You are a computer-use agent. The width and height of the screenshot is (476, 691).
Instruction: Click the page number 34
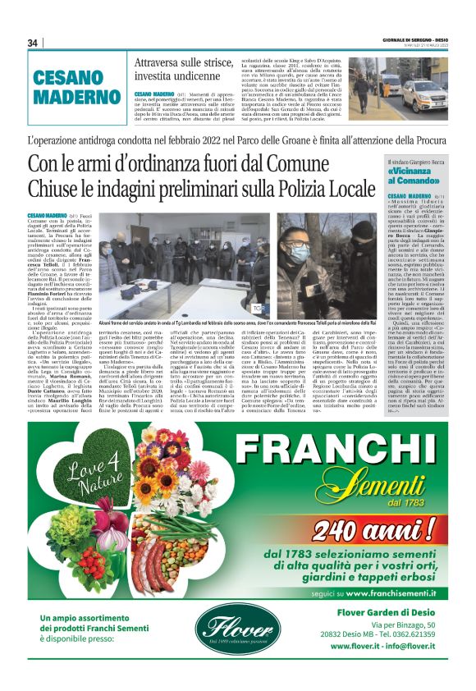32,43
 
